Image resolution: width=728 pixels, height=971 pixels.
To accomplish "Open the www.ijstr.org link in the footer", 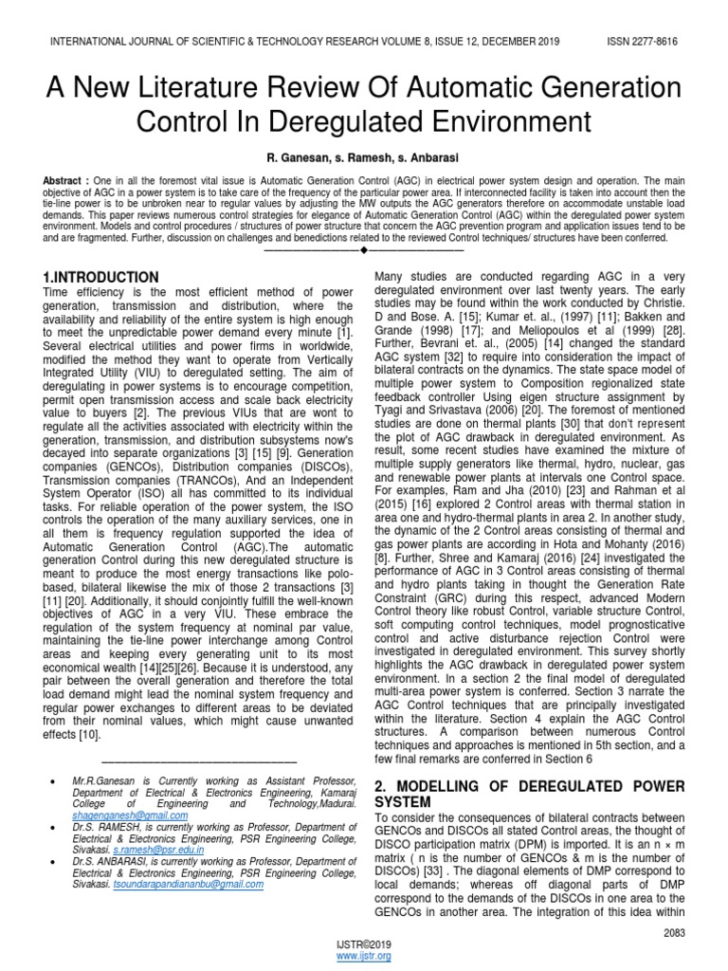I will pos(363,958).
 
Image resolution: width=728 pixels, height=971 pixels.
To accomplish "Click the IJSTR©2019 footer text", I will pos(363,945).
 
